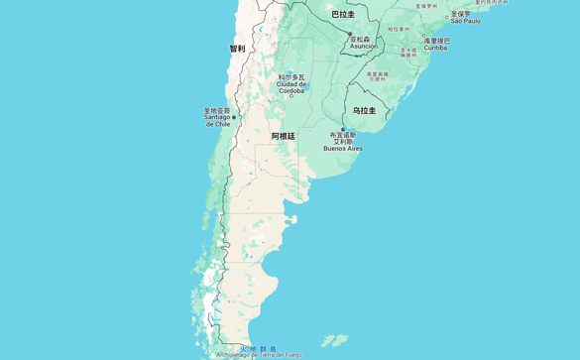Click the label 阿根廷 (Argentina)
point(283,136)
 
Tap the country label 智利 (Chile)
point(237,48)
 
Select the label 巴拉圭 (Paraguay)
point(343,14)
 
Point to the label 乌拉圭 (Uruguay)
point(364,111)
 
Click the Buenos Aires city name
point(343,149)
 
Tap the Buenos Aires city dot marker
point(343,130)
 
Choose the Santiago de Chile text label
point(217,121)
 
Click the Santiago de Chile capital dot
point(234,116)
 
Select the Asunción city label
point(364,47)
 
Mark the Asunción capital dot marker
point(349,34)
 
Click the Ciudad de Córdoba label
point(291,86)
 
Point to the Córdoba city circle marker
point(308,85)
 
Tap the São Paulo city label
point(465,20)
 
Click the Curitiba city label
point(435,48)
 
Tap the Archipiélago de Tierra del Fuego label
point(259,355)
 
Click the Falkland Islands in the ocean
point(334,340)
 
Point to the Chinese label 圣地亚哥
point(217,110)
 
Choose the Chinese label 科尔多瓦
point(291,76)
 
